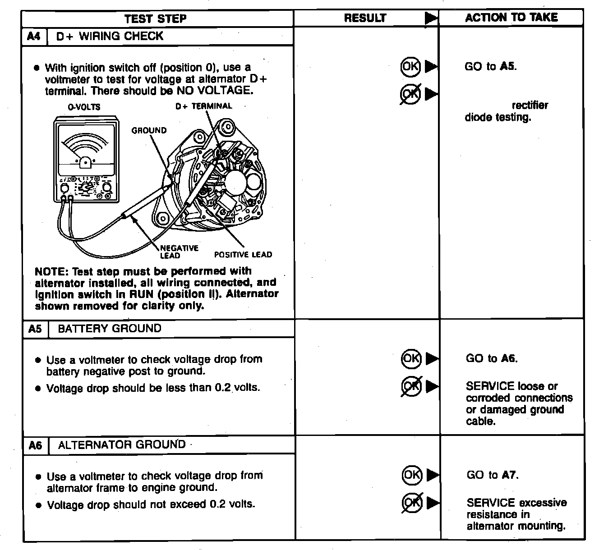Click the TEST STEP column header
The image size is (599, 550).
(x=155, y=18)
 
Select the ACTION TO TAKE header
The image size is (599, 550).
(x=511, y=18)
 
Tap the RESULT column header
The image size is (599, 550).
(x=365, y=18)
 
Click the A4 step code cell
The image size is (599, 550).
(x=34, y=36)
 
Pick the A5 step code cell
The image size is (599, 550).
(x=35, y=329)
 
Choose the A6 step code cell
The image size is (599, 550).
(x=35, y=445)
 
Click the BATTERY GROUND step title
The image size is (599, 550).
(x=110, y=328)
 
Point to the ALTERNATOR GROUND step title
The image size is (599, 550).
(x=122, y=445)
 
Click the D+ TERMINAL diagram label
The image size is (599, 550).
(x=203, y=106)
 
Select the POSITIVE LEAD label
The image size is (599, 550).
(x=243, y=255)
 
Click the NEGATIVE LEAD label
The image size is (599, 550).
(x=179, y=252)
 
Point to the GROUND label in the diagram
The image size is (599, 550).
(x=149, y=130)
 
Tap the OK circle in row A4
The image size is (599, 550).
(x=410, y=67)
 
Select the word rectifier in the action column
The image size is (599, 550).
(x=530, y=105)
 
